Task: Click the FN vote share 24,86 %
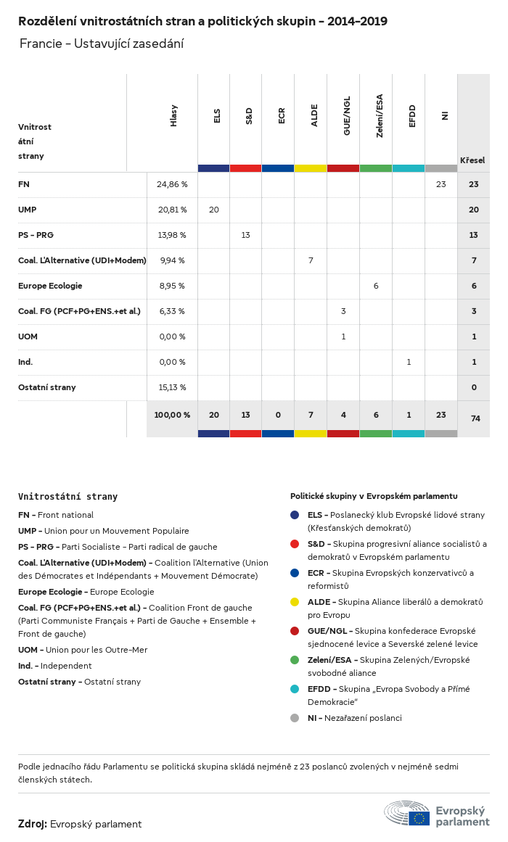click(172, 184)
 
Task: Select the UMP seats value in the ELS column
click(213, 210)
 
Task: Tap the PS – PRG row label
click(36, 235)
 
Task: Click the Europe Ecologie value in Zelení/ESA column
click(376, 286)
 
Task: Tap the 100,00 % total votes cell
click(172, 415)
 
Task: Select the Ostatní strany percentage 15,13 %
click(172, 387)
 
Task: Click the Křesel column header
click(472, 160)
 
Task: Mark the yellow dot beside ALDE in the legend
click(295, 602)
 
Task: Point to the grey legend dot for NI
click(295, 718)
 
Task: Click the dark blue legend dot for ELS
click(295, 515)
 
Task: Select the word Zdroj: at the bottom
click(33, 824)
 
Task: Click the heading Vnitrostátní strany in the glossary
click(67, 497)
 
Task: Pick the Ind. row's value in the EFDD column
click(409, 362)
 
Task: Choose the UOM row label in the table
click(28, 337)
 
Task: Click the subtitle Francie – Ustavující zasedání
click(102, 44)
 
